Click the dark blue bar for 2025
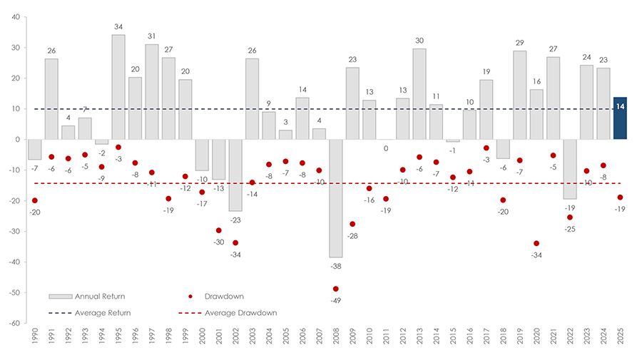pos(620,118)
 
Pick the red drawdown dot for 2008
pos(335,289)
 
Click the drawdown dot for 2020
pos(536,244)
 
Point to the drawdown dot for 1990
pos(35,200)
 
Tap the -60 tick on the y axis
pos(14,323)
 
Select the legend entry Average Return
pos(93,312)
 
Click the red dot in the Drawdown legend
pos(191,296)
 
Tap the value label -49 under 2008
pos(335,300)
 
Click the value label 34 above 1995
pos(118,27)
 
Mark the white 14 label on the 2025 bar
pos(620,106)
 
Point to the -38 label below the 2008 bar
pos(335,265)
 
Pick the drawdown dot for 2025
pos(620,197)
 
